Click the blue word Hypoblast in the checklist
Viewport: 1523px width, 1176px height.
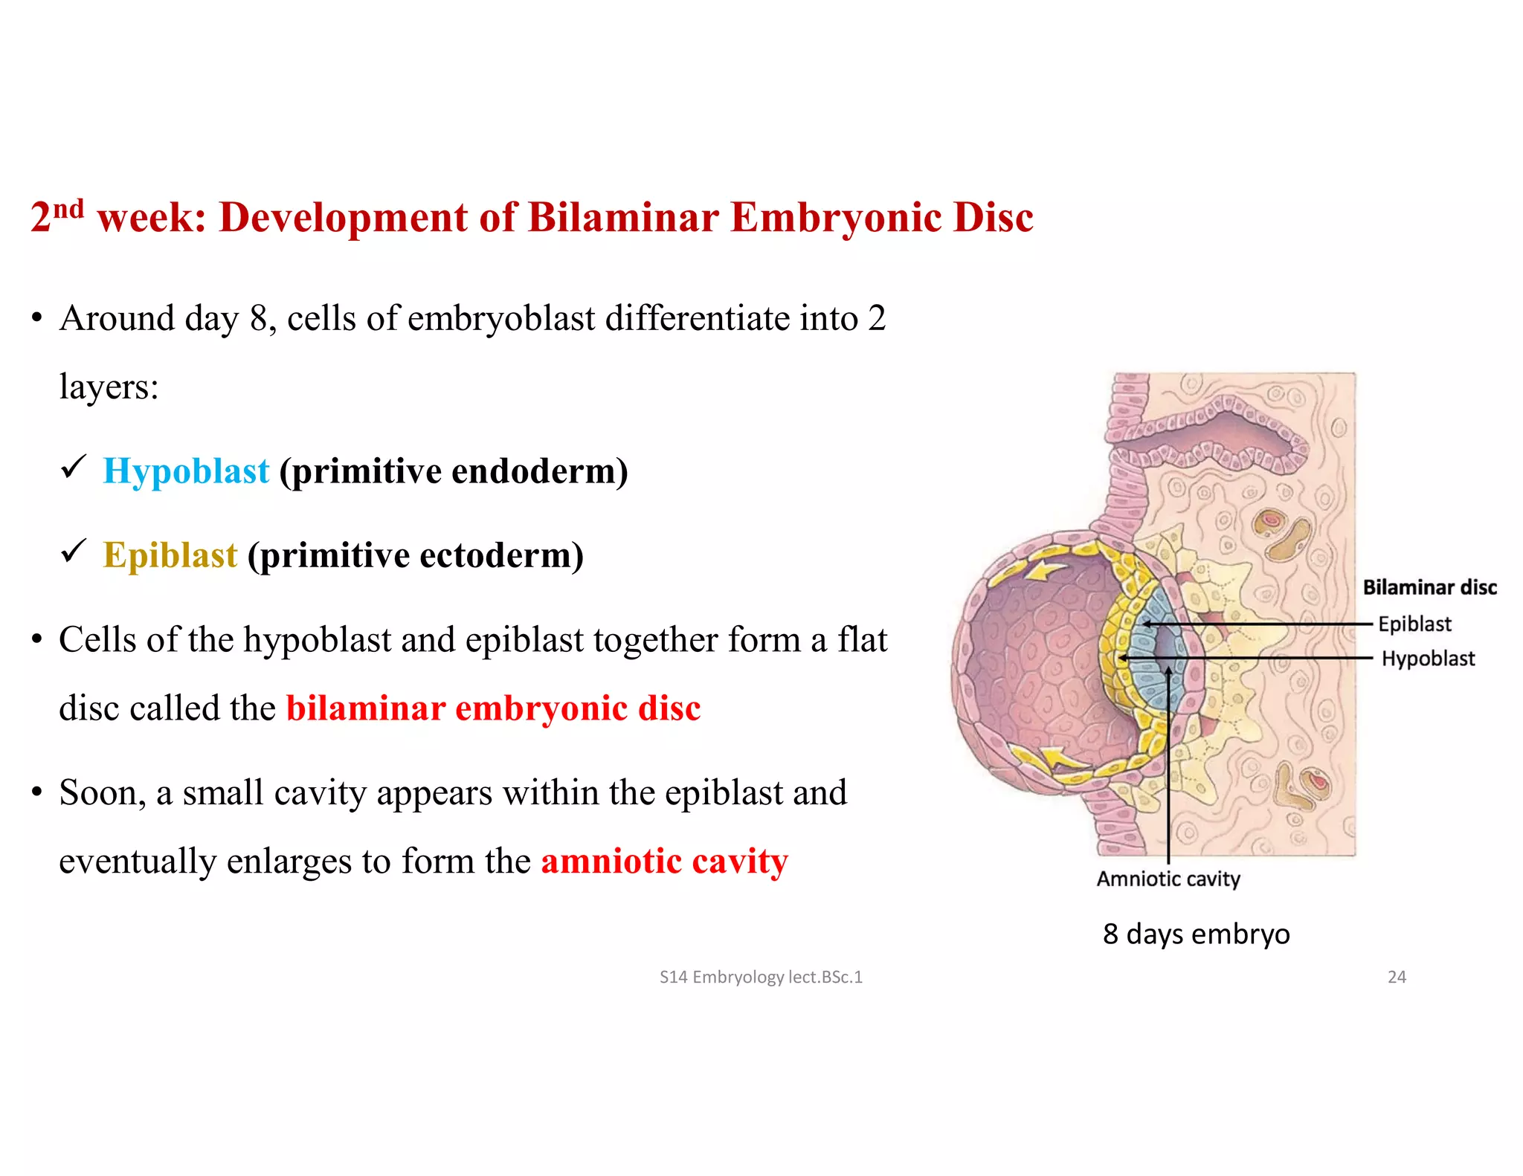tap(186, 471)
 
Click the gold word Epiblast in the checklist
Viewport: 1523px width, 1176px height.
tap(170, 555)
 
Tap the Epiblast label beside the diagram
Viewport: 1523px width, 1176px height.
tap(1414, 624)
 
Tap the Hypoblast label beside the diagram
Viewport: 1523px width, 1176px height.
tap(1428, 659)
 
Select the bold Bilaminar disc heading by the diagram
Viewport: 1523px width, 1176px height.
tap(1429, 587)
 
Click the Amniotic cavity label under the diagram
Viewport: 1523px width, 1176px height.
tap(1168, 879)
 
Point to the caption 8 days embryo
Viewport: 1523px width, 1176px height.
tap(1196, 934)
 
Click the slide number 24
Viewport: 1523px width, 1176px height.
tap(1397, 977)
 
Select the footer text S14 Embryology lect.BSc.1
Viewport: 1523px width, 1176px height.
tap(761, 977)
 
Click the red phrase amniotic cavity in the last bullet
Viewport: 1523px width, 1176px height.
tap(664, 862)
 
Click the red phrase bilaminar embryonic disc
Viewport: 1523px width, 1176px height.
tap(493, 708)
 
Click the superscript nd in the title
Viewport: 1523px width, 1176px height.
tap(68, 208)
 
